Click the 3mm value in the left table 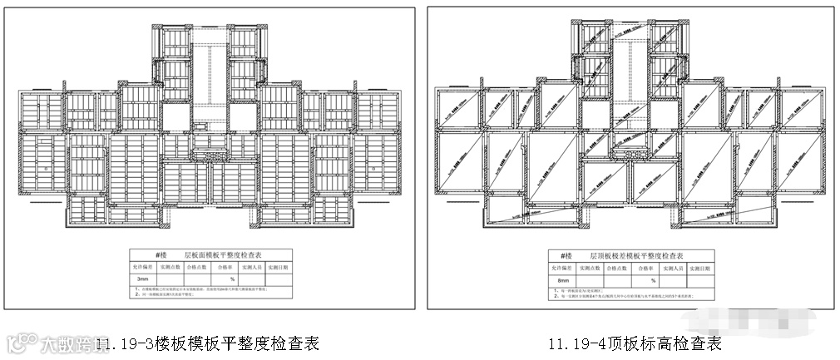143,279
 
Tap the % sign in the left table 221,279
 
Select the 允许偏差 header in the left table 141,268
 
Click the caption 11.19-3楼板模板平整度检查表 207,343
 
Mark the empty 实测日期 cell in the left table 280,279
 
